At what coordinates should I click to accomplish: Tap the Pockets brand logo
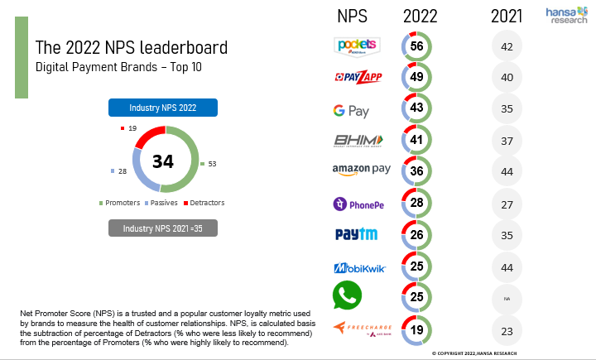[x=356, y=46]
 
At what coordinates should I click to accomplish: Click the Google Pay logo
[x=350, y=110]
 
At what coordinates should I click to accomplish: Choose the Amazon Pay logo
[x=361, y=170]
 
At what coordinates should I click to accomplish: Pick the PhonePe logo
[x=358, y=204]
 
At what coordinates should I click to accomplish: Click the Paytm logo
[x=356, y=234]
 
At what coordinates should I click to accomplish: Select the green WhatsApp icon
[x=347, y=296]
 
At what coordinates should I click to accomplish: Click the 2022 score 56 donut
[x=417, y=46]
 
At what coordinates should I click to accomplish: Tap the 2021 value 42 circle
[x=507, y=46]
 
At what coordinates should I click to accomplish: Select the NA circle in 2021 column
[x=507, y=299]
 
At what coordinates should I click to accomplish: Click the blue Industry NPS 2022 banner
[x=162, y=108]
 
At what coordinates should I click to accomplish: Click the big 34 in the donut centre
[x=162, y=161]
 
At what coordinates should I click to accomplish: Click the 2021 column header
[x=507, y=15]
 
